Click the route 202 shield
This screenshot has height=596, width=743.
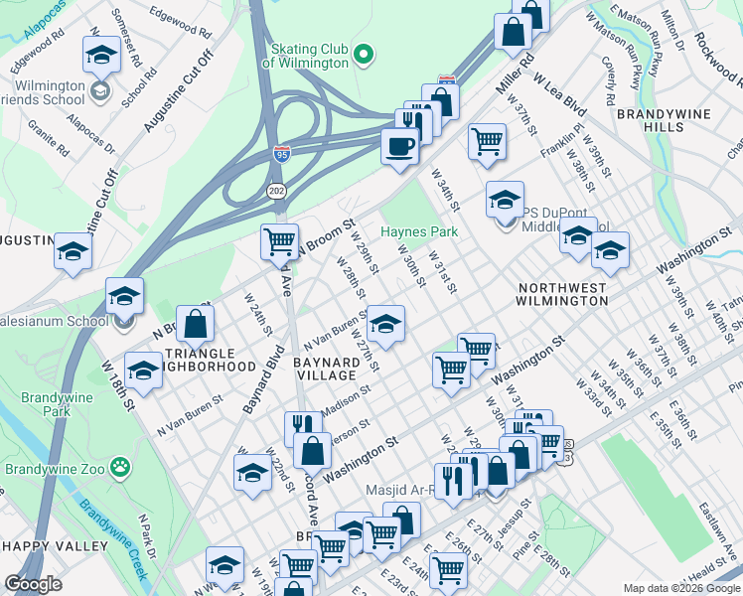point(274,188)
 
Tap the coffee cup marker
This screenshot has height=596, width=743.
point(400,146)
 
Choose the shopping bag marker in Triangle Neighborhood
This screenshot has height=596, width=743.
point(197,323)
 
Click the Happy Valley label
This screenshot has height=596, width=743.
point(56,546)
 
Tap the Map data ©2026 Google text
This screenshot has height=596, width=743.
point(680,588)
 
